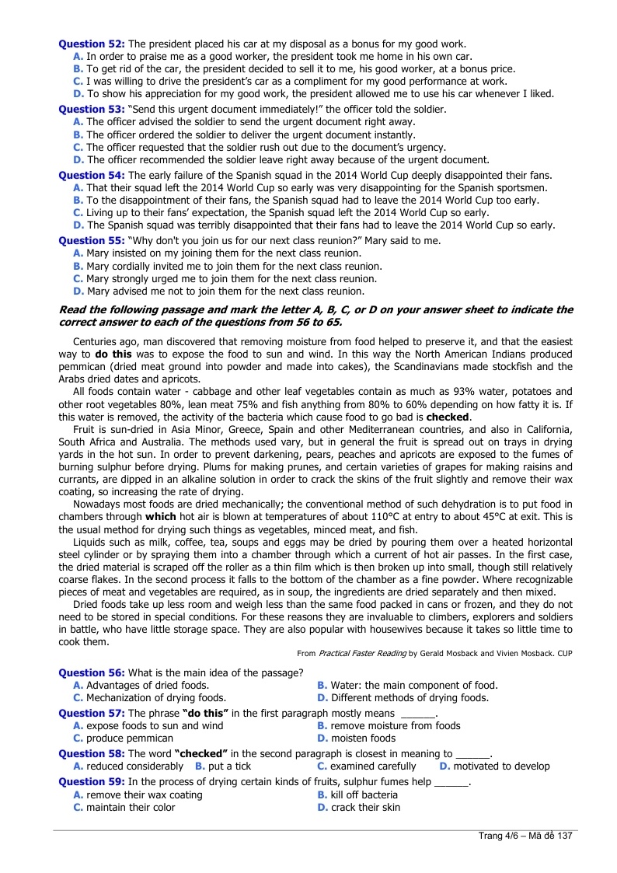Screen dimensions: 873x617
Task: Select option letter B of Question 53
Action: pos(78,134)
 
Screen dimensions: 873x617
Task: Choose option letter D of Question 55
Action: pos(78,291)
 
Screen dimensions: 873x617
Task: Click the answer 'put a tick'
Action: pos(230,766)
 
